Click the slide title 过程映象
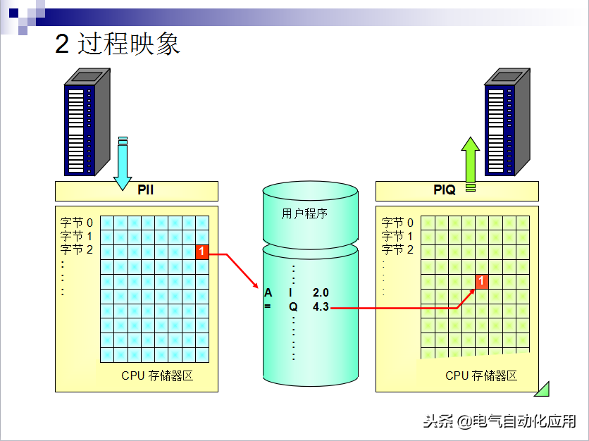pos(118,44)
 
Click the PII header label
pos(146,190)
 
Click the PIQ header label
pos(445,190)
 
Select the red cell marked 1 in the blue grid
pos(202,251)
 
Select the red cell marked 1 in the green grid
pos(482,281)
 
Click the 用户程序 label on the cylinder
pos(305,213)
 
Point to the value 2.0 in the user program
pos(321,292)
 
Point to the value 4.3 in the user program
pos(321,307)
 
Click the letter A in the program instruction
pos(268,292)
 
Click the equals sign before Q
pos(268,307)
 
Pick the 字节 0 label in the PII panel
pos(77,223)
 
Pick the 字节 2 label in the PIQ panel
pos(398,249)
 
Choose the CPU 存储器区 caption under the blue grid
pos(157,375)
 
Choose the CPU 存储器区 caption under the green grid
pos(481,375)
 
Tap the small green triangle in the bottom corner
pos(542,388)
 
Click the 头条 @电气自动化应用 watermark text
pos(500,421)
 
